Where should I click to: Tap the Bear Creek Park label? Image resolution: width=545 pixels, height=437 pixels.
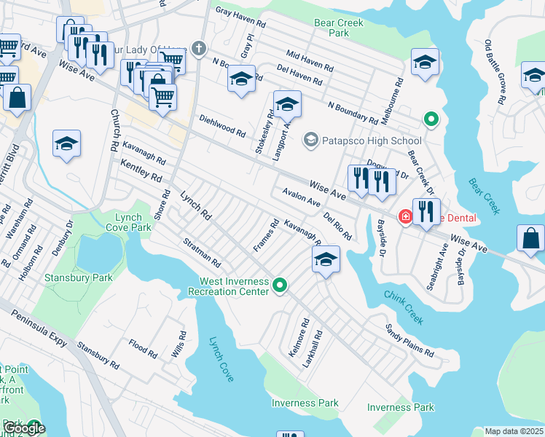pyautogui.click(x=333, y=28)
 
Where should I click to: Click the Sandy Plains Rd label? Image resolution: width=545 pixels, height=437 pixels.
pyautogui.click(x=409, y=341)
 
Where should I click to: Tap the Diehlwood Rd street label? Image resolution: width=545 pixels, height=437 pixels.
pyautogui.click(x=222, y=127)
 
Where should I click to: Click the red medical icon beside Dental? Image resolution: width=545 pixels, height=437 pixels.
pyautogui.click(x=404, y=218)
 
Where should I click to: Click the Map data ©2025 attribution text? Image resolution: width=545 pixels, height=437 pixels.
pyautogui.click(x=514, y=431)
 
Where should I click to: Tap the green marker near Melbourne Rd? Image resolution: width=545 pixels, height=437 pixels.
pyautogui.click(x=431, y=119)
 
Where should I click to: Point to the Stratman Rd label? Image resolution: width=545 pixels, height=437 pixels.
pyautogui.click(x=201, y=251)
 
